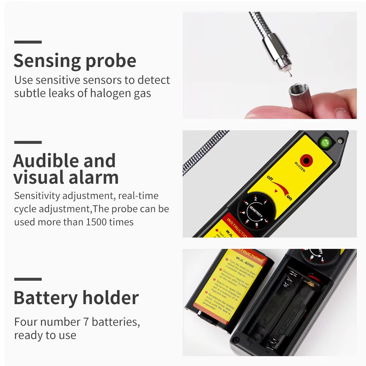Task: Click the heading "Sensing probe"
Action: tap(75, 61)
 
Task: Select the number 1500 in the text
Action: tap(97, 222)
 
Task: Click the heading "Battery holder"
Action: tap(76, 298)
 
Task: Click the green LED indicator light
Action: tap(325, 142)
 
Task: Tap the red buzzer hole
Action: tap(305, 160)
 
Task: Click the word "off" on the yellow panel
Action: tap(270, 178)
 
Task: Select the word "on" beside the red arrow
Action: tap(289, 198)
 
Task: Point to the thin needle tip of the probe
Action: tap(288, 74)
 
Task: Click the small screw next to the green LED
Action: tap(340, 140)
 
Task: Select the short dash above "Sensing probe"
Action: tap(28, 42)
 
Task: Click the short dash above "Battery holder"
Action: tap(28, 279)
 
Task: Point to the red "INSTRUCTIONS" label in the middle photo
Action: tap(238, 224)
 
